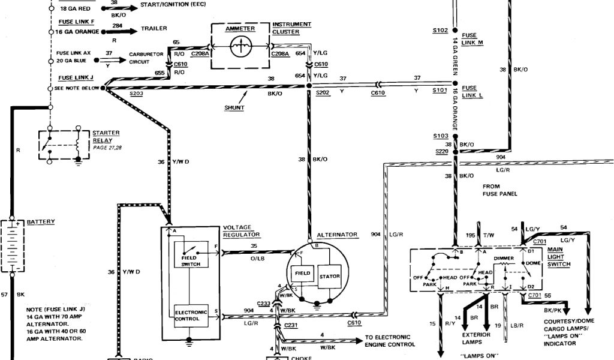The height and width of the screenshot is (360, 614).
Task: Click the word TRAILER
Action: (154, 29)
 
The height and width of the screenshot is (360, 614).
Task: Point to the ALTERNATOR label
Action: (338, 235)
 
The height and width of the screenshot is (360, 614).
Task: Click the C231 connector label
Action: (291, 326)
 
